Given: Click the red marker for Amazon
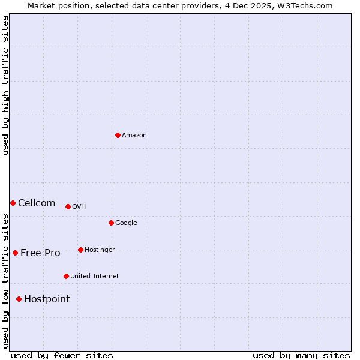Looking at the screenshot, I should point(118,135).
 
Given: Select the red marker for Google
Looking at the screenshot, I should point(111,223).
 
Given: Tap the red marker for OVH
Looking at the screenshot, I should point(68,206).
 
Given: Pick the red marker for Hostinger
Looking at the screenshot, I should point(80,250).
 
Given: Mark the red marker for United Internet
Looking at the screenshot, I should point(66,276).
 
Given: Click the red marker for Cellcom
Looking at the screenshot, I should point(13,203).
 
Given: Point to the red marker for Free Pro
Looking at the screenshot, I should point(15,253).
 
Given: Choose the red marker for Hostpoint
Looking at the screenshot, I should point(19,299).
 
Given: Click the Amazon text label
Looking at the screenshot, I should point(134,136).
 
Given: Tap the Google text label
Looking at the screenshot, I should point(126,223).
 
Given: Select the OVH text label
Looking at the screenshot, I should point(79,207).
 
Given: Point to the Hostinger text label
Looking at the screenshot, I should point(100,250).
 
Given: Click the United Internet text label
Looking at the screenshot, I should point(95,277).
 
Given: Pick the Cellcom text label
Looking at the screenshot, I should point(37,203).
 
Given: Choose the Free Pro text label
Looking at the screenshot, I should point(40,253).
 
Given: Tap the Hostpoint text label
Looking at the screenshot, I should point(47,299).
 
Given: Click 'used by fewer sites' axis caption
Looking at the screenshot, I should point(62,355).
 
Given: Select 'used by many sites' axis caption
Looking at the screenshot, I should point(301,355).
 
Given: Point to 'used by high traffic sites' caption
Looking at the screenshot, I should point(5,85).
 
